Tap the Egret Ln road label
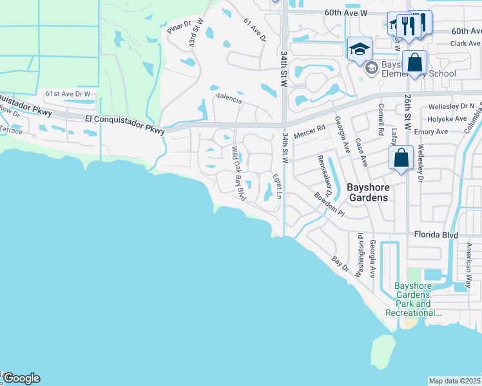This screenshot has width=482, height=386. pyautogui.click(x=276, y=185)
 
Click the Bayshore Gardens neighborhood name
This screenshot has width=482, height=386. pyautogui.click(x=368, y=192)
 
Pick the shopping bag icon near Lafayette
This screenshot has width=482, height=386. pyautogui.click(x=401, y=158)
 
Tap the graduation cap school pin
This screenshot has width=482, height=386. pyautogui.click(x=360, y=48)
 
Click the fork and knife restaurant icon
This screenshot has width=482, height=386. pyautogui.click(x=407, y=26)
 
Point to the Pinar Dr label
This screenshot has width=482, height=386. pyautogui.click(x=179, y=27)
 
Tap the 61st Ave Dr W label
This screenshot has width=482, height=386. pyautogui.click(x=68, y=94)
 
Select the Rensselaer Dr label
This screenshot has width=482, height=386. pyautogui.click(x=325, y=176)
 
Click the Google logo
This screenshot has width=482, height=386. pyautogui.click(x=21, y=378)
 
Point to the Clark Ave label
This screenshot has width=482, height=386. pyautogui.click(x=466, y=44)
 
